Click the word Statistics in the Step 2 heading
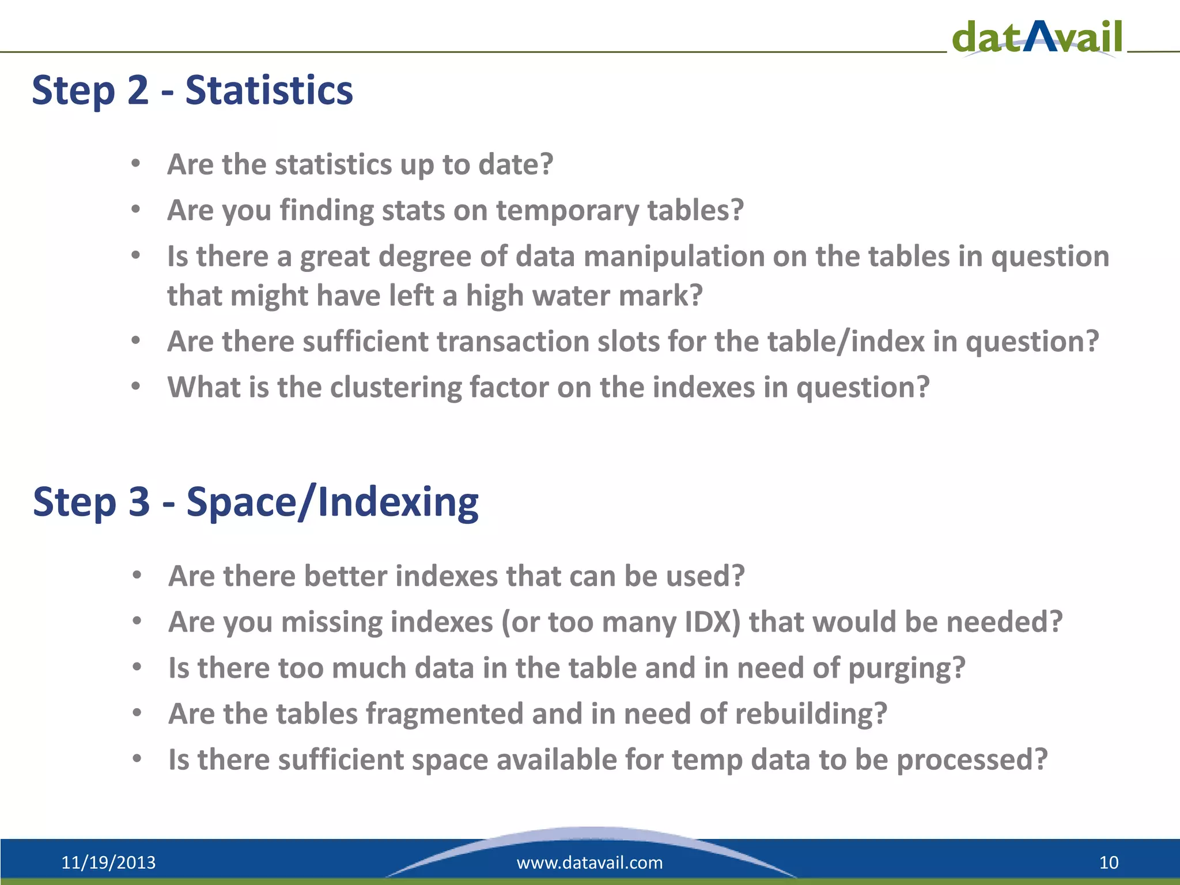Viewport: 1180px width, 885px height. click(x=269, y=91)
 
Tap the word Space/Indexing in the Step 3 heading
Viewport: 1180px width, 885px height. click(x=332, y=502)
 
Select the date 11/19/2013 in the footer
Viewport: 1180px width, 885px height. click(x=108, y=863)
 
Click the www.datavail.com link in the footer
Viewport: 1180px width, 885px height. click(x=589, y=863)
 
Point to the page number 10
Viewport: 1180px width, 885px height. click(x=1109, y=863)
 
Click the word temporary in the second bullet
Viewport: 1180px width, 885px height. click(x=568, y=210)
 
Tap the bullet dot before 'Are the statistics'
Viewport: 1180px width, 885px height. click(x=135, y=164)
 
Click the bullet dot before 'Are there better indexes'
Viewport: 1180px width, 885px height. click(x=137, y=576)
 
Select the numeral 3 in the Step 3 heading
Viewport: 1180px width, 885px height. click(x=139, y=502)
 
